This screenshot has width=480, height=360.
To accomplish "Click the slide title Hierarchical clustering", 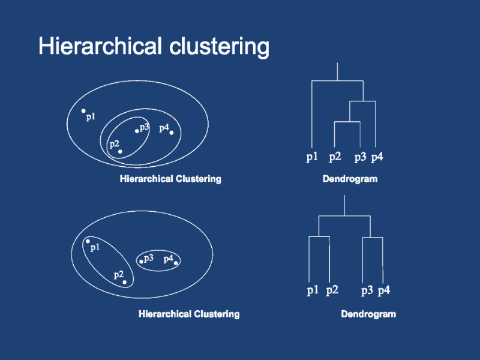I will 154,46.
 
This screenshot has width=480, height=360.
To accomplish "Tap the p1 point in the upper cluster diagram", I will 83,111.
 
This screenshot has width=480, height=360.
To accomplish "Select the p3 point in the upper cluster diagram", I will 137,131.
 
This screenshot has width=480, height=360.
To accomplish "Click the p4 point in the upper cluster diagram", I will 172,133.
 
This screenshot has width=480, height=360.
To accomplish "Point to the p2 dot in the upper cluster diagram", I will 120,151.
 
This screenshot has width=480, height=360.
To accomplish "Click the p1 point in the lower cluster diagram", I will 88,241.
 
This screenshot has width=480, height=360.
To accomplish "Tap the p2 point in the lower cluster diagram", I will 124,281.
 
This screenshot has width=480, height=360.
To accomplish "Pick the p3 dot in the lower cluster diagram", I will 141,261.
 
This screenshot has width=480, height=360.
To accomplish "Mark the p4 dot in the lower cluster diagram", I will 176,262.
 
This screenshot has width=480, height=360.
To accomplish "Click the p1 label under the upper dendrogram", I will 312,158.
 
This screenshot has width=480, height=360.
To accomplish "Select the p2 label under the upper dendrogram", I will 335,158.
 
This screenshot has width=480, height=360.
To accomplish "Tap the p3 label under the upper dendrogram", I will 360,158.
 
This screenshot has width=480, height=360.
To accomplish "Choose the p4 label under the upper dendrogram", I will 377,158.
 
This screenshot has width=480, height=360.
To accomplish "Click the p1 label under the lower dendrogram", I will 313,291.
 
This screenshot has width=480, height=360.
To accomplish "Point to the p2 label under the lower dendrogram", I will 332,291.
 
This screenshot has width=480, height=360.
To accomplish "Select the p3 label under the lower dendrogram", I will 367,291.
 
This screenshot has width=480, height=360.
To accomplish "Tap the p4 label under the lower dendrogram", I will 384,291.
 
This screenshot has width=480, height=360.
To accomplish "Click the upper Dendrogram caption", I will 350,179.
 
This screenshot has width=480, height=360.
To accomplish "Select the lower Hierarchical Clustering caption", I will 189,314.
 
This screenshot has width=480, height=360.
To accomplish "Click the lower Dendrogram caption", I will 368,314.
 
